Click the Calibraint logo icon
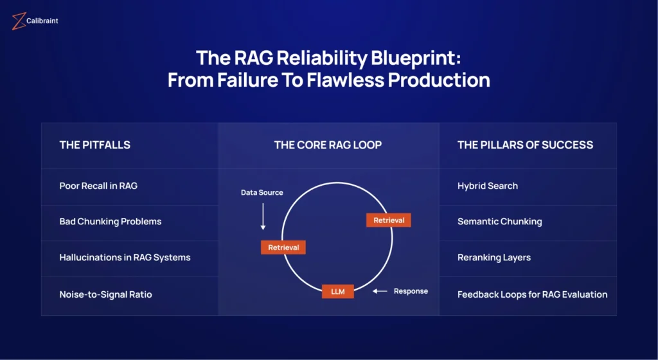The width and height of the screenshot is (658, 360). pyautogui.click(x=19, y=21)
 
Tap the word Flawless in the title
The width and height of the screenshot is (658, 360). pyautogui.click(x=345, y=80)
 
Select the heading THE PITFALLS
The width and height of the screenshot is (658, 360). pyautogui.click(x=95, y=145)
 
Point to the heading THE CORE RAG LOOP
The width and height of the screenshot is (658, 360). pyautogui.click(x=328, y=145)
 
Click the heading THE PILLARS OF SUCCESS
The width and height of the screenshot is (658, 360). pyautogui.click(x=525, y=145)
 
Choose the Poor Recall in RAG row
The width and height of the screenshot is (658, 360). pyautogui.click(x=98, y=186)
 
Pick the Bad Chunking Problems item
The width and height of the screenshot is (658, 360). pyautogui.click(x=111, y=222)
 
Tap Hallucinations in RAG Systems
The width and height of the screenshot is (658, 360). pyautogui.click(x=125, y=258)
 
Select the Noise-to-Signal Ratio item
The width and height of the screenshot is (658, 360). pyautogui.click(x=106, y=294)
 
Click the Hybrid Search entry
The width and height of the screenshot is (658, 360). pyautogui.click(x=488, y=186)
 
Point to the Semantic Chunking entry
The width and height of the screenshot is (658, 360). pyautogui.click(x=499, y=222)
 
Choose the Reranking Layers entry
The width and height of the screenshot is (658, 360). pyautogui.click(x=494, y=258)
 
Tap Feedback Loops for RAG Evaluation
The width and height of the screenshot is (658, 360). pyautogui.click(x=532, y=294)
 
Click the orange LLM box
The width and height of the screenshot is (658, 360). pyautogui.click(x=338, y=292)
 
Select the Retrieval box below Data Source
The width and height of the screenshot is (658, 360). pyautogui.click(x=283, y=248)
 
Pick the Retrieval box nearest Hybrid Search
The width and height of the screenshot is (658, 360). pyautogui.click(x=389, y=221)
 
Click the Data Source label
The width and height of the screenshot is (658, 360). pyautogui.click(x=262, y=193)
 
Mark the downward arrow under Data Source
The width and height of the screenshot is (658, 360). pyautogui.click(x=263, y=217)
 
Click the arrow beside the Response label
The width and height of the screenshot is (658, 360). pyautogui.click(x=380, y=291)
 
